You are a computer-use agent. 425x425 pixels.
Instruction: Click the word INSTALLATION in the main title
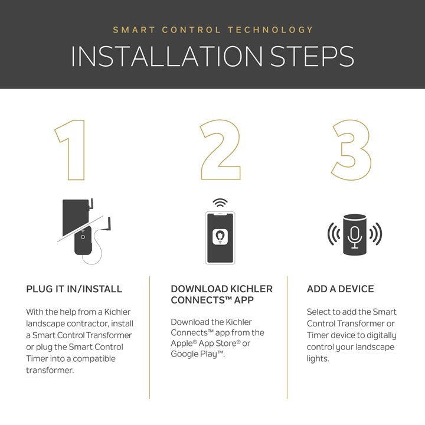point(166,57)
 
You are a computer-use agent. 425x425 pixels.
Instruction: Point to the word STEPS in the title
point(312,57)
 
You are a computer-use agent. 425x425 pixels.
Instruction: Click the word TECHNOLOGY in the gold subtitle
point(270,30)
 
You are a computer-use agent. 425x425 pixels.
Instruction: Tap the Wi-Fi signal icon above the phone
point(220,202)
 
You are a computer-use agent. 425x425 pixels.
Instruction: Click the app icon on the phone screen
point(220,237)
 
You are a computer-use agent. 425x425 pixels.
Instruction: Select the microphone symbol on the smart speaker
point(355,237)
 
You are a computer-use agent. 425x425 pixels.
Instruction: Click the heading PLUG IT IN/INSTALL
point(74,289)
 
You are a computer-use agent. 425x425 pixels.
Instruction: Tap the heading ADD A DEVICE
point(340,289)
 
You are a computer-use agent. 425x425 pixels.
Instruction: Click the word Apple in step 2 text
point(182,344)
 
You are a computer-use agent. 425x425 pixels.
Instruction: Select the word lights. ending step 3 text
point(318,359)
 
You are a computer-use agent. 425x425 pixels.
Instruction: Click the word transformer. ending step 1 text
point(50,370)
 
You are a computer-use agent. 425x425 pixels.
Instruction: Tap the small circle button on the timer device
point(83,237)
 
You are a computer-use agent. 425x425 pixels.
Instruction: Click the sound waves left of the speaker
point(334,234)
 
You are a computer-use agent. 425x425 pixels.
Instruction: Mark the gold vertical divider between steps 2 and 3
point(287,338)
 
